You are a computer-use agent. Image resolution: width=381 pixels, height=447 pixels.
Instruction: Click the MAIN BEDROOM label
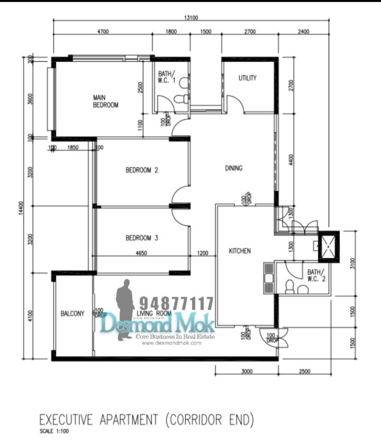pyautogui.click(x=105, y=101)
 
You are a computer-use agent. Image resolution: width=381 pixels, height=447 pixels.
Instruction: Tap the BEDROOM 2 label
pyautogui.click(x=142, y=170)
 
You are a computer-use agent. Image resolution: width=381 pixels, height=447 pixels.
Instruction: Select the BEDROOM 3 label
pyautogui.click(x=142, y=238)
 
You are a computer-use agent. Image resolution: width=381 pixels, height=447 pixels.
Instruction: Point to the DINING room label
pyautogui.click(x=234, y=168)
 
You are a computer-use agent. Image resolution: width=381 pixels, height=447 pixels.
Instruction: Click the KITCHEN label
pyautogui.click(x=240, y=251)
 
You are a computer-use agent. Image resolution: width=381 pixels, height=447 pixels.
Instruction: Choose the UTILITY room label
pyautogui.click(x=247, y=78)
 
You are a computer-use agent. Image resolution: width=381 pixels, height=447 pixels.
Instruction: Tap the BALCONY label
pyautogui.click(x=72, y=314)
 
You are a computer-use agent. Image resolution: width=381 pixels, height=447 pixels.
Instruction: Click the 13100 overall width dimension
pyautogui.click(x=191, y=18)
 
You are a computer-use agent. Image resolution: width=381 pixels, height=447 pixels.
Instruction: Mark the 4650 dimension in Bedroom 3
pyautogui.click(x=141, y=253)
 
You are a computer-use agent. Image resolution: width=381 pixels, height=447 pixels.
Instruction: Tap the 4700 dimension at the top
pyautogui.click(x=103, y=31)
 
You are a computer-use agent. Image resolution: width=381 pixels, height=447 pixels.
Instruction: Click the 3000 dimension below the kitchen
pyautogui.click(x=247, y=371)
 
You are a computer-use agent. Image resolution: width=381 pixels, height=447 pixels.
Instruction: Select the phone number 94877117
pyautogui.click(x=176, y=303)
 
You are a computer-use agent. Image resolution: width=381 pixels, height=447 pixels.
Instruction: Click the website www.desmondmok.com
pyautogui.click(x=171, y=343)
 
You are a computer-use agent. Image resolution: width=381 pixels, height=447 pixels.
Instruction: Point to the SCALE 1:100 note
pyautogui.click(x=54, y=431)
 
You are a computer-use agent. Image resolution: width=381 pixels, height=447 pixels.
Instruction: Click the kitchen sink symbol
pyautogui.click(x=268, y=278)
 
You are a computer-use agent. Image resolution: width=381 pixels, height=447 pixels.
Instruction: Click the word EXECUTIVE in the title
pyautogui.click(x=66, y=420)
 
